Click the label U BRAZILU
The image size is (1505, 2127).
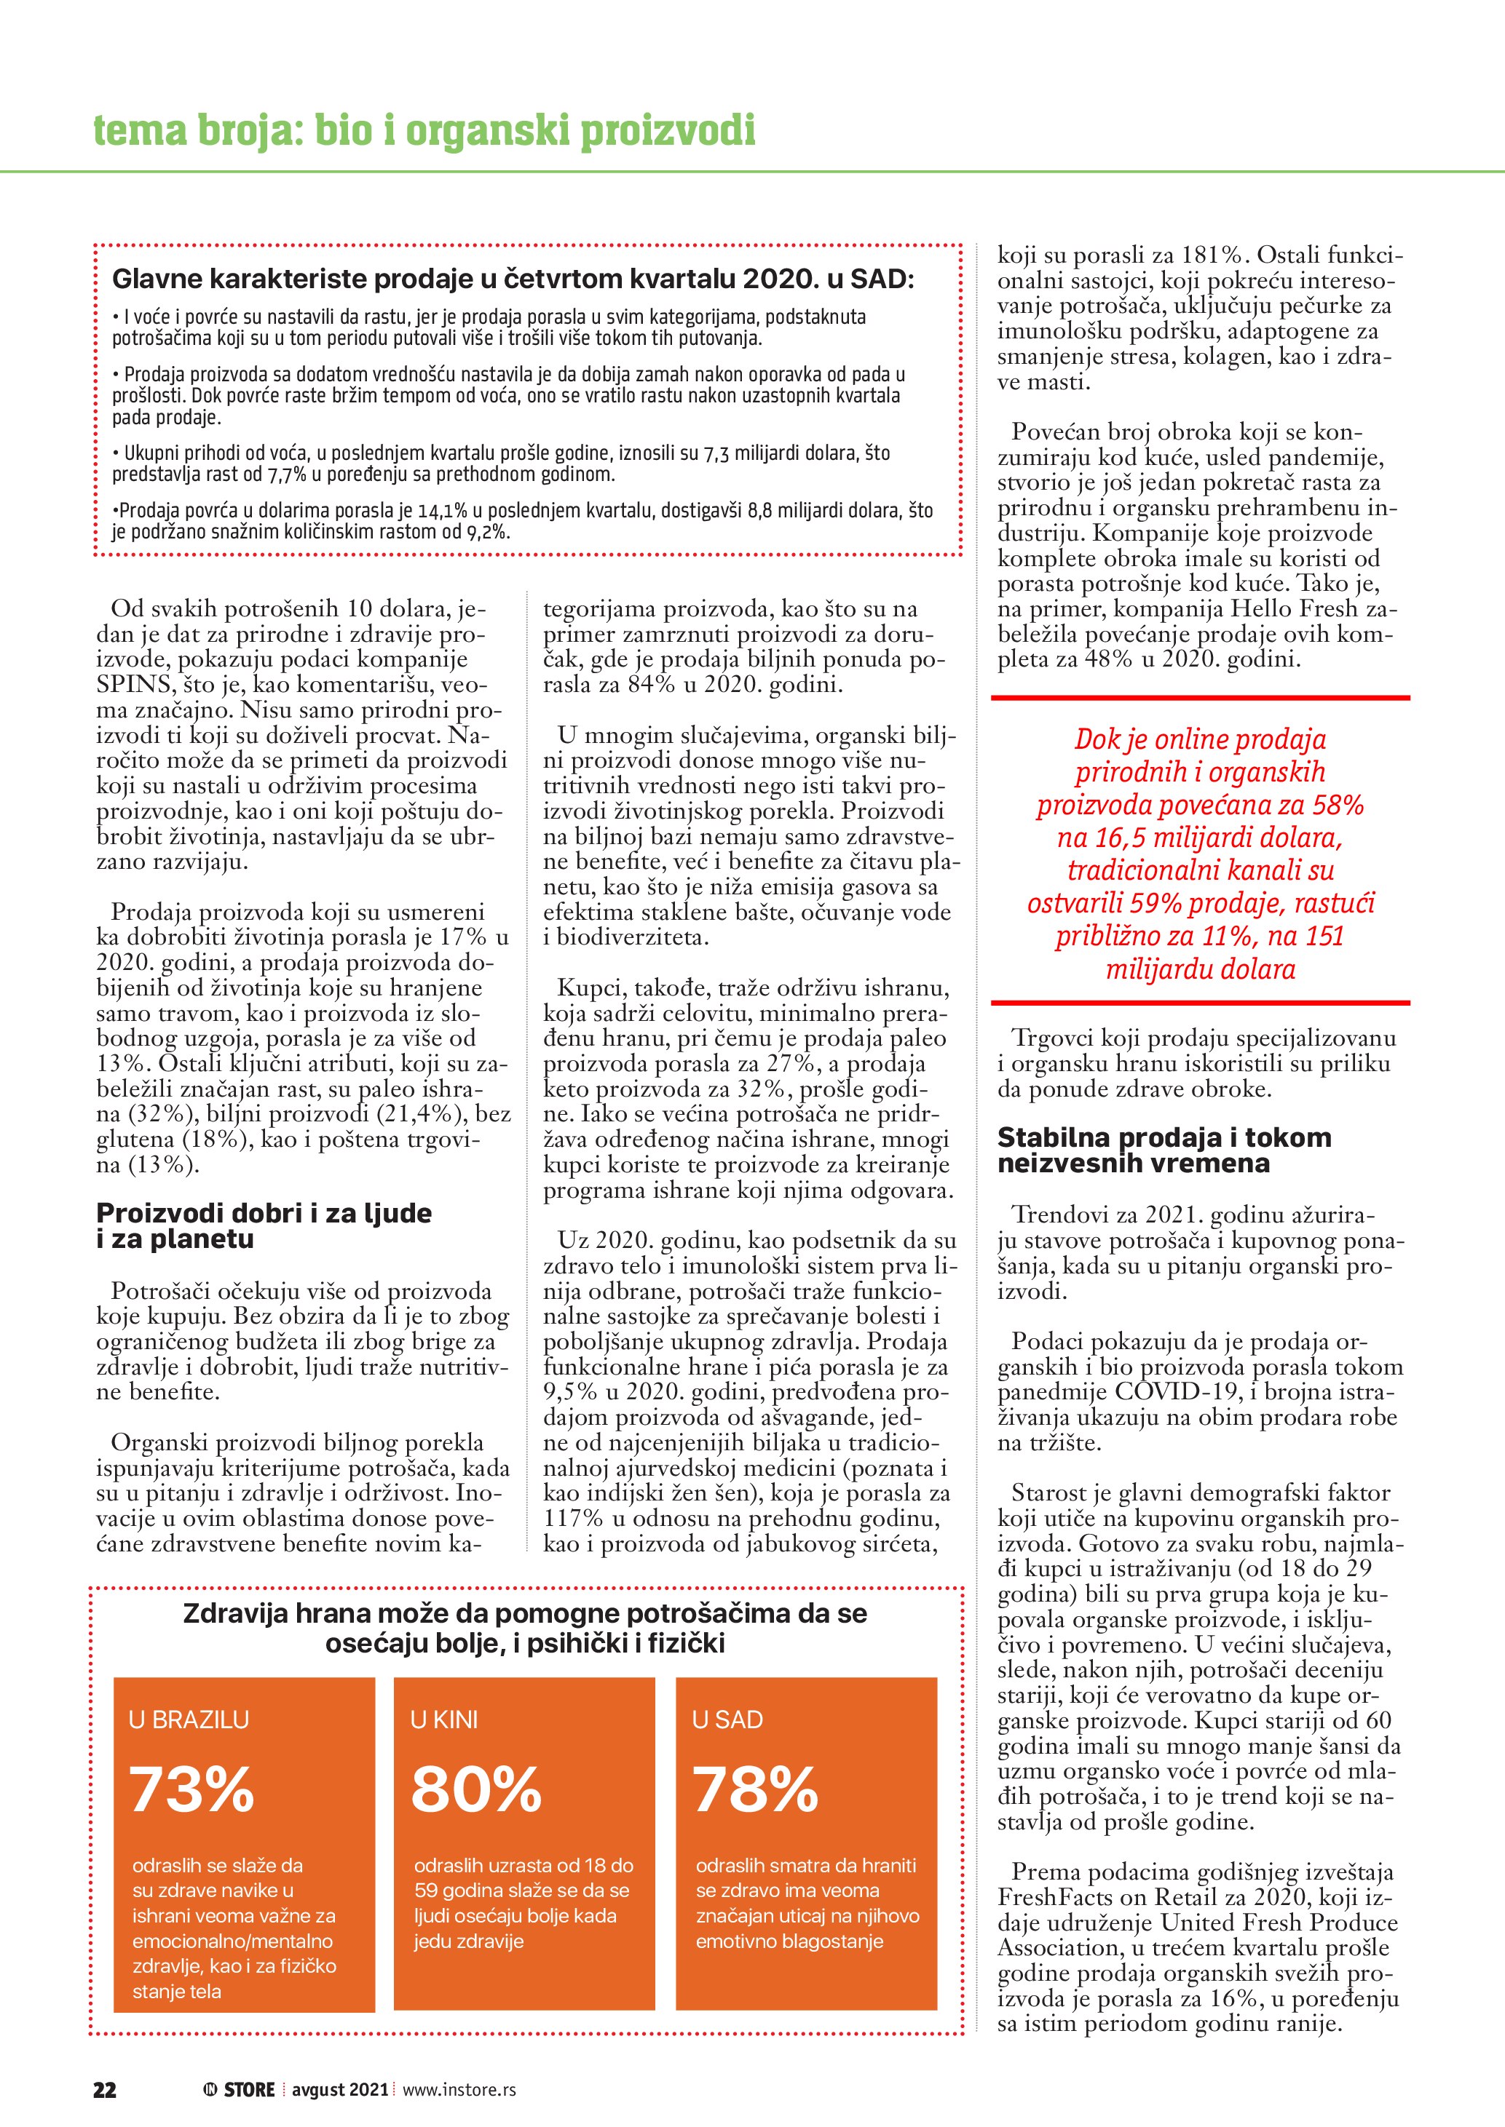(x=189, y=1720)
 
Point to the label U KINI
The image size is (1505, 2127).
(x=444, y=1720)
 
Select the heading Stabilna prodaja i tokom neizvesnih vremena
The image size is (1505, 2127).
(x=1164, y=1150)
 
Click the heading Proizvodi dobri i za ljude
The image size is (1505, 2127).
(x=264, y=1214)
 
